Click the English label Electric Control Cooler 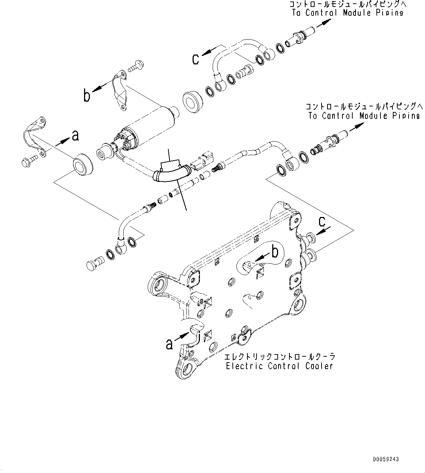(x=279, y=366)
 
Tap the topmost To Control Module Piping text (x=348, y=13)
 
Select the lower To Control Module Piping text (x=364, y=116)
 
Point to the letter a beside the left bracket (x=75, y=136)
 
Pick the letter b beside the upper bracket (x=87, y=96)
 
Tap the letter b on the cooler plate (x=275, y=252)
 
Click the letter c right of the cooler (x=322, y=222)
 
